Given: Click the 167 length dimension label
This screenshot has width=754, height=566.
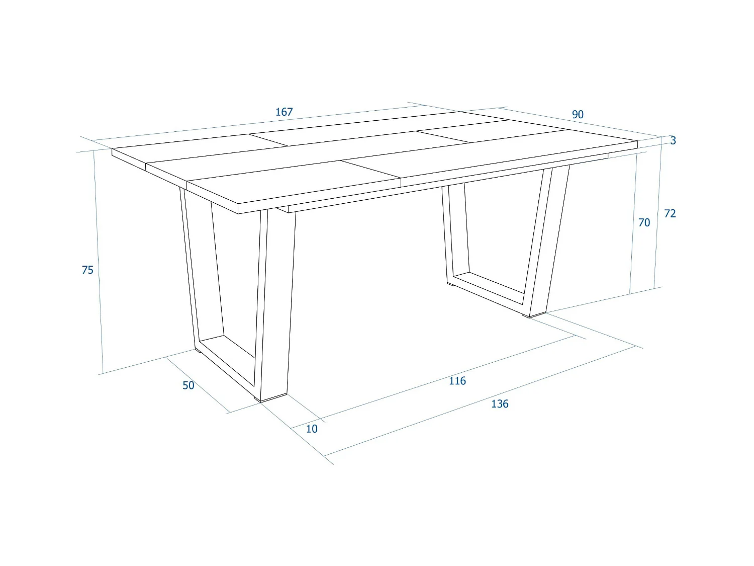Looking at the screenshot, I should pos(284,112).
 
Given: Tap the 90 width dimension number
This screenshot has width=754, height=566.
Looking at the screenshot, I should pos(578,115).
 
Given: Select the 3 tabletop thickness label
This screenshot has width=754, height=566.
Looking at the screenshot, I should pos(673,141).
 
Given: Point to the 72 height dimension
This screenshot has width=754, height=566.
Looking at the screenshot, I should pos(670,214).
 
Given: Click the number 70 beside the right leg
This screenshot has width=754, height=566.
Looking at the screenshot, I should pos(644,222).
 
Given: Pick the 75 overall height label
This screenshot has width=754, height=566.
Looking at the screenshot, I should pos(87,270).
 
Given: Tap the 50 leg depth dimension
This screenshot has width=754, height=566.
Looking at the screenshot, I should pos(189,385).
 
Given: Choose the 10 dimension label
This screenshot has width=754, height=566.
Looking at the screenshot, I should pos(312,429).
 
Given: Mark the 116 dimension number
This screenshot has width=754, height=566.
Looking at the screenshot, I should pos(457,381).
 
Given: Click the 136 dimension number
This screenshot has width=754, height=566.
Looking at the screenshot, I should pos(500,404).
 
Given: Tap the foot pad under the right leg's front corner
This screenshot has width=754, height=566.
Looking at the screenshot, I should pos(536,315).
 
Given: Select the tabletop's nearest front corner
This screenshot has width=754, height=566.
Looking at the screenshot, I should pos(238,208).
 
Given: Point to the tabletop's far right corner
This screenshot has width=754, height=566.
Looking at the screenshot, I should pos(637,142).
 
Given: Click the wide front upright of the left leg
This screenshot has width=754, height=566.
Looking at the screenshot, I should pos(275,302).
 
